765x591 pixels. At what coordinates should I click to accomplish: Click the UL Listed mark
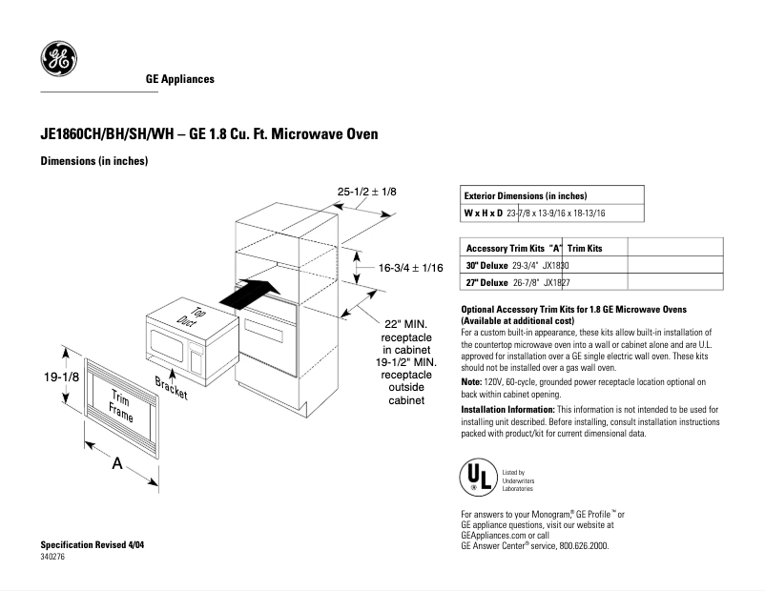coord(478,478)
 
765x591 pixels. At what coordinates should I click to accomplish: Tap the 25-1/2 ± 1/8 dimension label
coord(366,192)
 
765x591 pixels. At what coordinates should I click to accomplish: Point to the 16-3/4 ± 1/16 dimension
coord(411,269)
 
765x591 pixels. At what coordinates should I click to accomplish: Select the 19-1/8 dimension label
coord(60,378)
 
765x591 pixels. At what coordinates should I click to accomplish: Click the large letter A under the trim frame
coord(117,464)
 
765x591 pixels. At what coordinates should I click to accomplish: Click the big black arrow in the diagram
coord(250,292)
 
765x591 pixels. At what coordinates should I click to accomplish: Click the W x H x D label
coord(482,213)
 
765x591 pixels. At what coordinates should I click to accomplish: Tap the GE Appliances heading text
coord(179,79)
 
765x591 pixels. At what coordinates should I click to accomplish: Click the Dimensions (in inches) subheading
coord(93,161)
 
